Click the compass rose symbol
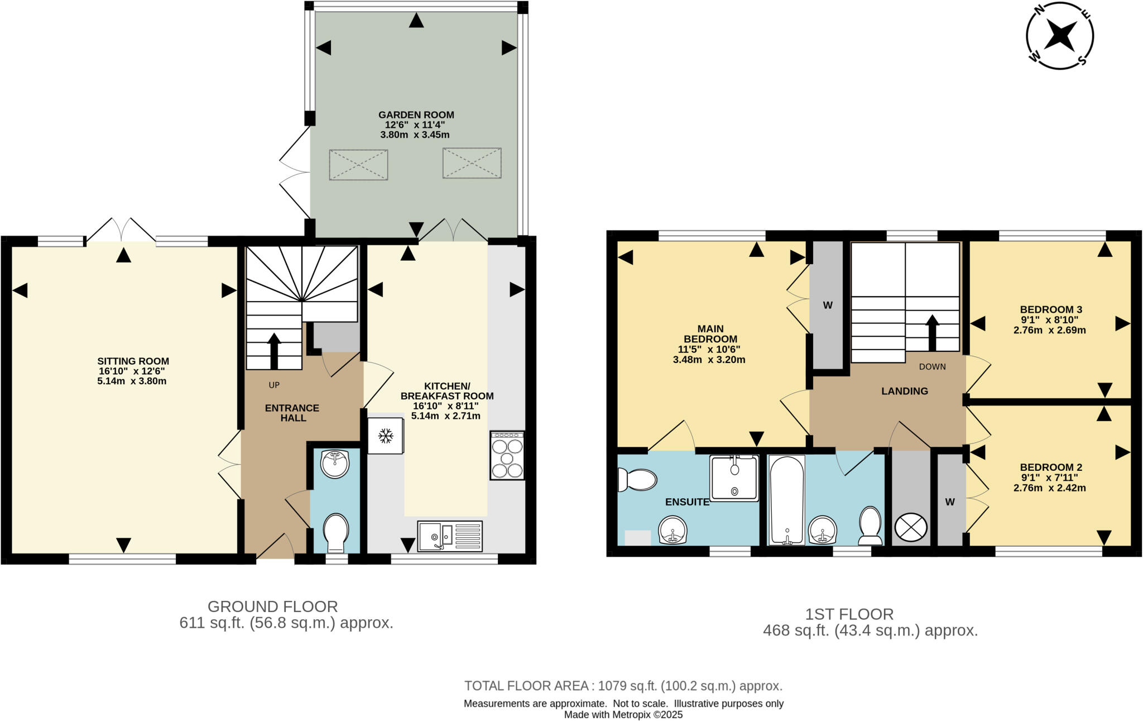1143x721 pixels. point(1059,36)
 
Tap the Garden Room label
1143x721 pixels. point(416,115)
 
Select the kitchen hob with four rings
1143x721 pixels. point(507,455)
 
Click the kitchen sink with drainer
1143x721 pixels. point(449,536)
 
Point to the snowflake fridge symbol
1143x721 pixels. point(385,436)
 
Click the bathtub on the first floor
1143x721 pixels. point(786,500)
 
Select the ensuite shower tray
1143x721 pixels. point(734,478)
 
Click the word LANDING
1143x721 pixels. point(904,391)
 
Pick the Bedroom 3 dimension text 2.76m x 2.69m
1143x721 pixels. point(1049,330)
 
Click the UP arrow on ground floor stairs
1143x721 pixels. point(274,352)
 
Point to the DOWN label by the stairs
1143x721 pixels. point(932,367)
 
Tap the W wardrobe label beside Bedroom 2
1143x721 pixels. point(950,502)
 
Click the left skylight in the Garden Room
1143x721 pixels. point(358,164)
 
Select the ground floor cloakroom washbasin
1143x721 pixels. point(335,464)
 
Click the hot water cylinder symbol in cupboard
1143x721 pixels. point(910,527)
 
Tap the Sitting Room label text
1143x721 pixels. point(133,361)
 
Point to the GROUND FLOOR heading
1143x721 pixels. point(272,607)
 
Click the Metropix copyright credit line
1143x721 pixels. point(623,715)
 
